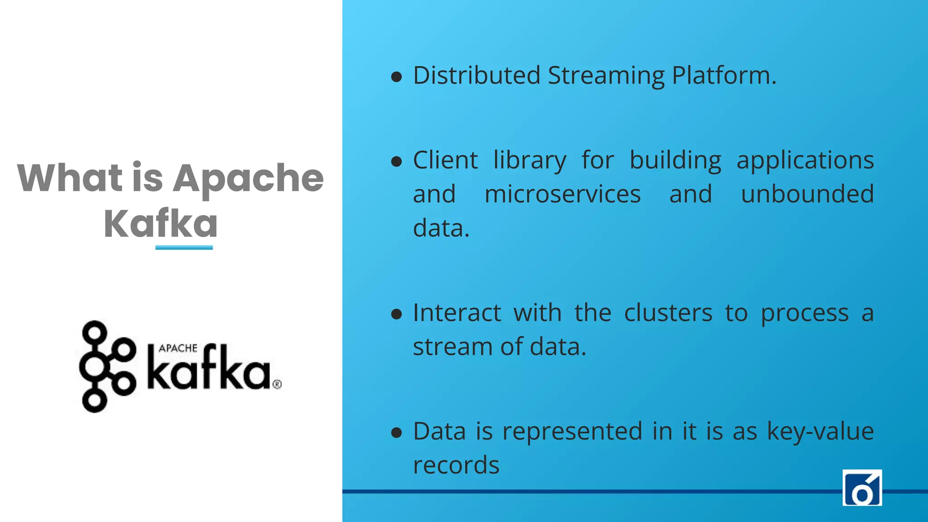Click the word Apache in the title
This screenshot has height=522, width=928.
click(248, 179)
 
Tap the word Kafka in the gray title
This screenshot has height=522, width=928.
click(160, 223)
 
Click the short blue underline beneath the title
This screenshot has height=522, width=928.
click(184, 247)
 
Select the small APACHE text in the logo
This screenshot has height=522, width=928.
click(178, 348)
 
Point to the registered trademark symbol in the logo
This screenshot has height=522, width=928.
click(277, 384)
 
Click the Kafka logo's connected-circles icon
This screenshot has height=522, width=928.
click(107, 366)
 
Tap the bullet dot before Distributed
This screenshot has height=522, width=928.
click(396, 77)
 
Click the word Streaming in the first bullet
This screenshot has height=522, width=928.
click(606, 76)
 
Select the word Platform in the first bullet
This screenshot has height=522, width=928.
click(724, 75)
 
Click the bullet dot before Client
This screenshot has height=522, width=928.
click(396, 161)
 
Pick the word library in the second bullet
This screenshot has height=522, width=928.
click(530, 161)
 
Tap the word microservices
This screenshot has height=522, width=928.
click(562, 194)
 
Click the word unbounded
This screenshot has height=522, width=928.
click(807, 194)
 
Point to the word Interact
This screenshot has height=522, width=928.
click(457, 313)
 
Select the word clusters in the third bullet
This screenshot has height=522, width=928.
click(668, 313)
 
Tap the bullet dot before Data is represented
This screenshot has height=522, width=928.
click(396, 433)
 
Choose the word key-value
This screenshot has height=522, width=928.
click(820, 431)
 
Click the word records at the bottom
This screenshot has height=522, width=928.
click(456, 465)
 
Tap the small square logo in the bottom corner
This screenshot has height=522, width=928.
click(862, 488)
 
